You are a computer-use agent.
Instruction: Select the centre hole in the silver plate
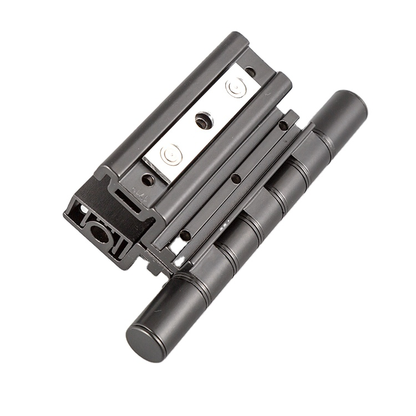coord(202,120)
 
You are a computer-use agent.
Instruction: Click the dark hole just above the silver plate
coord(251,72)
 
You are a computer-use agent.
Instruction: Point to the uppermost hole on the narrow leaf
coord(283,126)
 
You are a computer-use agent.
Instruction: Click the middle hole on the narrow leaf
coord(236,179)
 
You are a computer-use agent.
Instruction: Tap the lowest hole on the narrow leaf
coord(185,235)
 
